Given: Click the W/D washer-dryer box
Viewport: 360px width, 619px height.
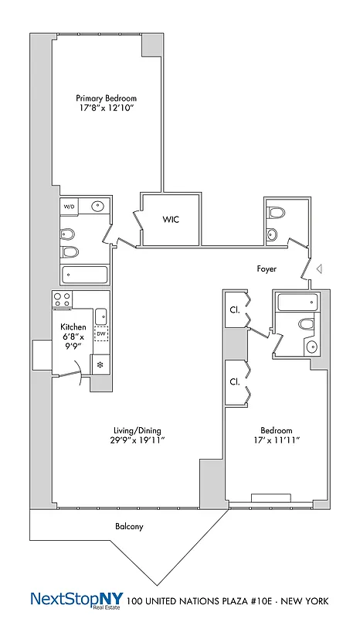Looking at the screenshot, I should pyautogui.click(x=70, y=207).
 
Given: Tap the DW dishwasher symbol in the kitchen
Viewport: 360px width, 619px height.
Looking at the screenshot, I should pyautogui.click(x=101, y=334).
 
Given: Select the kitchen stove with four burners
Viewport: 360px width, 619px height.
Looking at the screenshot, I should pyautogui.click(x=63, y=300).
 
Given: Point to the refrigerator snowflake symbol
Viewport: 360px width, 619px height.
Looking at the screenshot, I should pyautogui.click(x=100, y=364).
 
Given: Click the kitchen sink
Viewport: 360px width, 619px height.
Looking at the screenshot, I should pyautogui.click(x=101, y=316).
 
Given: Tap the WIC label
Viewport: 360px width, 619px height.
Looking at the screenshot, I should pyautogui.click(x=172, y=220).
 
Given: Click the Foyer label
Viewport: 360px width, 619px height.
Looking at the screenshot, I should pyautogui.click(x=267, y=269).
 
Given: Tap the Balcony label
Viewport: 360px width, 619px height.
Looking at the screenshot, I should pyautogui.click(x=129, y=527).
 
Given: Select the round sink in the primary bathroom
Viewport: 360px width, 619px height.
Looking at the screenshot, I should pyautogui.click(x=98, y=207).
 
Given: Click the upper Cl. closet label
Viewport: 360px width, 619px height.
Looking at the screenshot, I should pyautogui.click(x=233, y=309).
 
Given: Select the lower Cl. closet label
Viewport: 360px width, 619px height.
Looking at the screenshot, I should pyautogui.click(x=233, y=381).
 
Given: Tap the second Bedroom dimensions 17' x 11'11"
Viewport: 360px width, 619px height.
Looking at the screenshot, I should pyautogui.click(x=276, y=439).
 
